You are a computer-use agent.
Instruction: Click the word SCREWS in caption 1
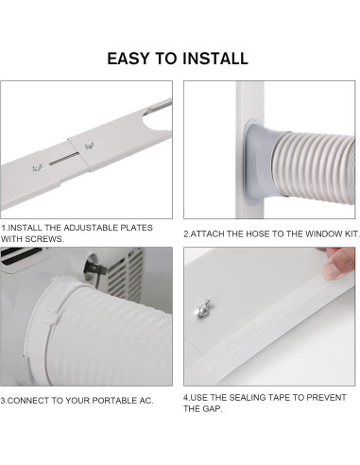[44, 239]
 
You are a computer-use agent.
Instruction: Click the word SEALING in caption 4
[244, 398]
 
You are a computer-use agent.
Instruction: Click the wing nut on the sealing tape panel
[202, 308]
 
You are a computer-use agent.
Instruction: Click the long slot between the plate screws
[64, 159]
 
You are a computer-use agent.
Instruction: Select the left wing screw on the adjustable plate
[38, 168]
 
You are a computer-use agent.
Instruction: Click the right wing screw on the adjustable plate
[89, 146]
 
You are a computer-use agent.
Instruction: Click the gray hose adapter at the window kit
[259, 163]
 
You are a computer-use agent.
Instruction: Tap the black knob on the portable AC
[94, 267]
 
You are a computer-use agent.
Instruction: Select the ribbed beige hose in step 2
[315, 167]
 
